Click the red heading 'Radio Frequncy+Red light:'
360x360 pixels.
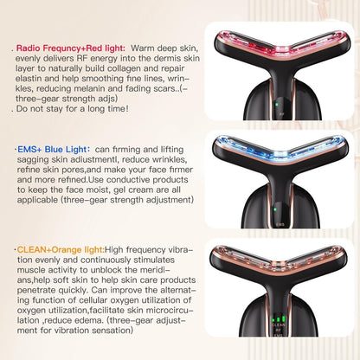coord(71,48)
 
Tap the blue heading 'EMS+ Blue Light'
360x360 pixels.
coord(52,150)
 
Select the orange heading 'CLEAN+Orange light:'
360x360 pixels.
coord(61,250)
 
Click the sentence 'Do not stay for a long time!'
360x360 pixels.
coord(73,109)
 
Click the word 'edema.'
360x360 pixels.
coord(88,320)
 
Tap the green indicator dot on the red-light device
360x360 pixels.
coord(276,105)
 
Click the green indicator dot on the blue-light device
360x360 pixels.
coord(275,209)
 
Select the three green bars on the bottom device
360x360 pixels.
coord(278,319)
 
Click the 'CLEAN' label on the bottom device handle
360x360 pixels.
coord(279,325)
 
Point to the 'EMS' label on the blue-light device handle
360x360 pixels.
coord(280,224)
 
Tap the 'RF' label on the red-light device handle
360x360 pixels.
coord(282,114)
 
